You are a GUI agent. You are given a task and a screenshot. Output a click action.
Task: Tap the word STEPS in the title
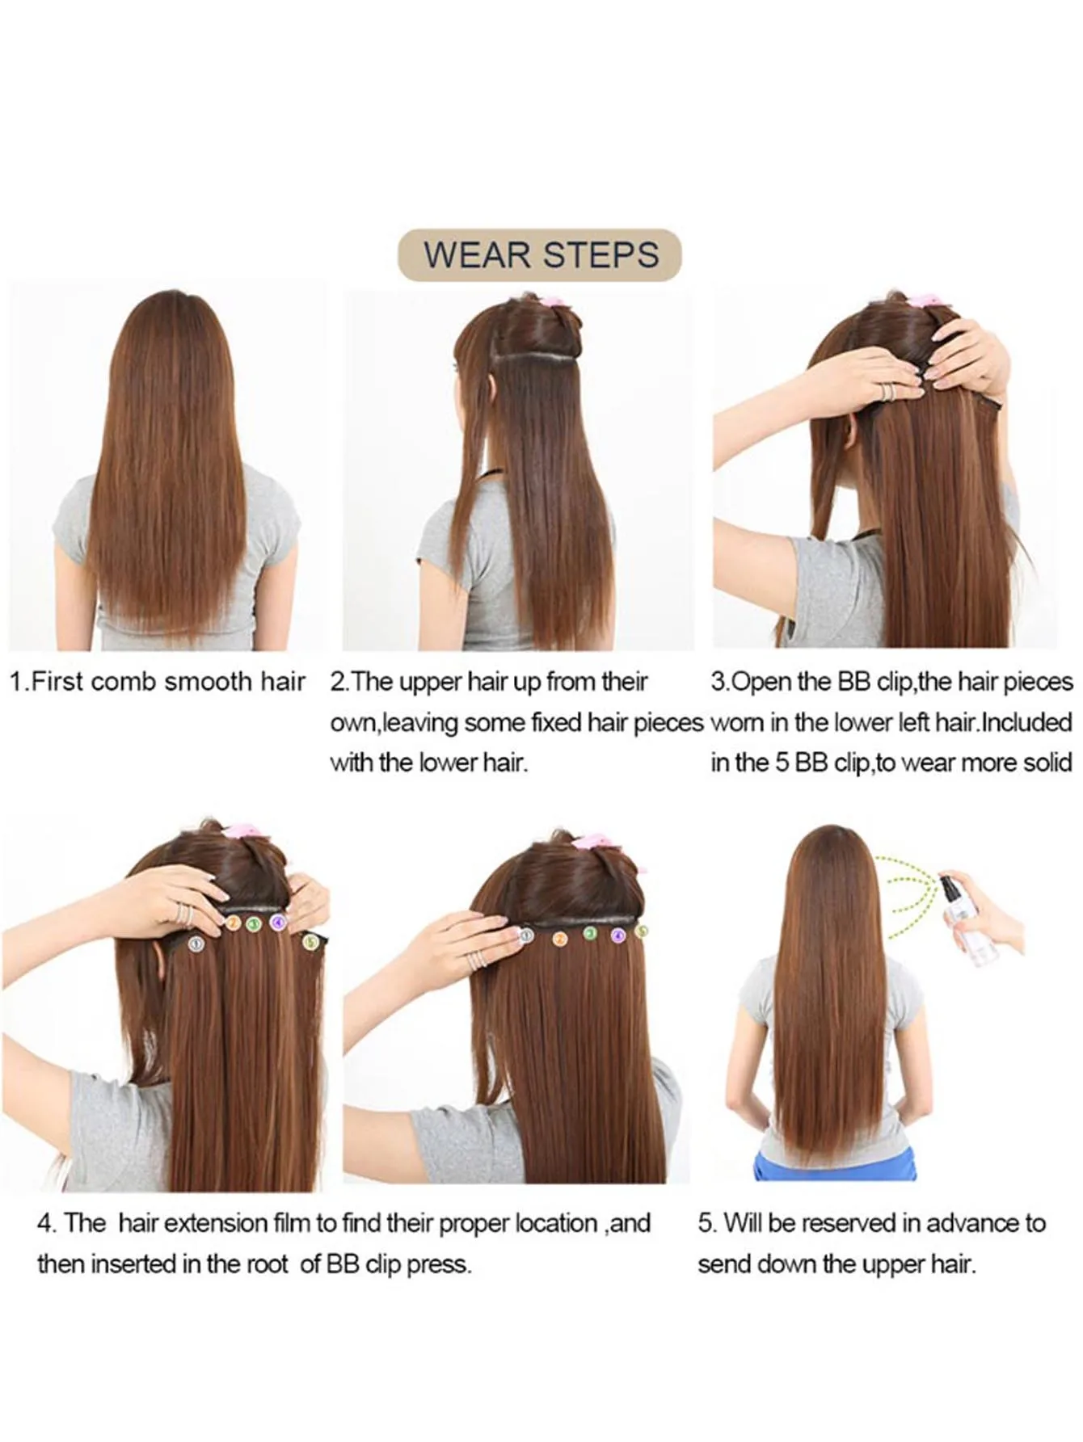coord(600,255)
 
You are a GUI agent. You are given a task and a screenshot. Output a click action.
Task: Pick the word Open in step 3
coord(761,682)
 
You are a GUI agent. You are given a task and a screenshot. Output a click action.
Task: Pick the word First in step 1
coord(56,682)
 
